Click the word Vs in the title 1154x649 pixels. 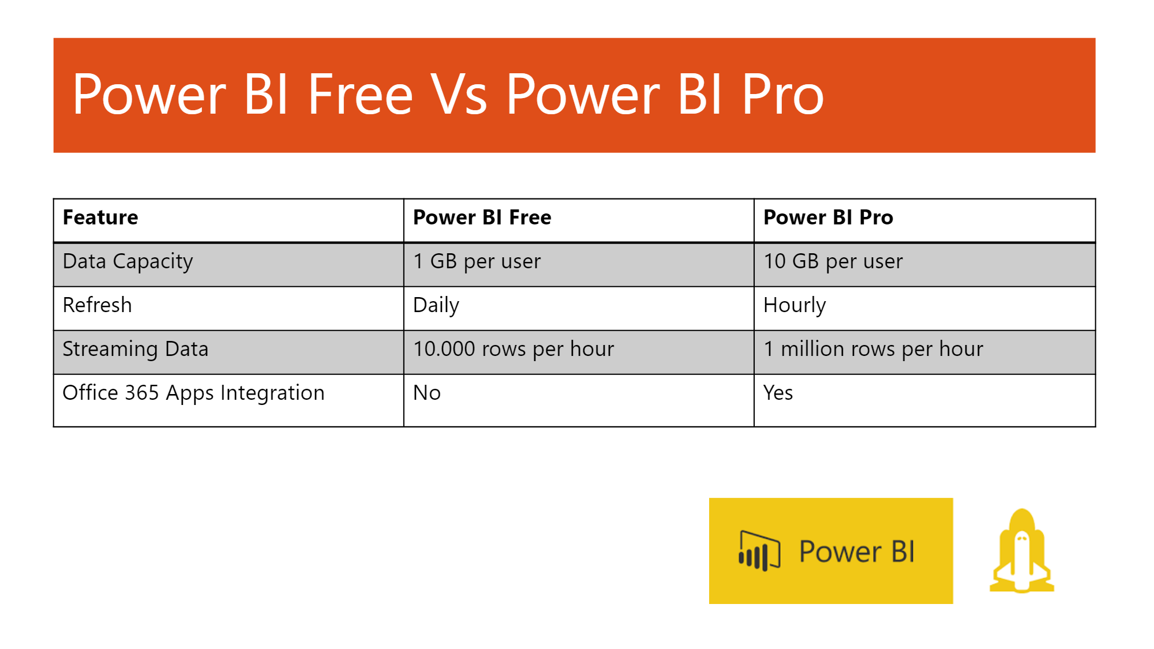coord(460,95)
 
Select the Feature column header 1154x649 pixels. coord(100,217)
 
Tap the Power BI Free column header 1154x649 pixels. coord(482,217)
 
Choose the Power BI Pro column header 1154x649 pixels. coord(828,217)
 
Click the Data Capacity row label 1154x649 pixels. coord(128,262)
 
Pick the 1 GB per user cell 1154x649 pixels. coord(477,262)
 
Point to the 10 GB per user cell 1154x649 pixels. coord(833,262)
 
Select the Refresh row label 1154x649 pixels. coord(97,305)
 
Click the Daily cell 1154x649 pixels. coord(436,305)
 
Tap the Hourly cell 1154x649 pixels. coord(795,305)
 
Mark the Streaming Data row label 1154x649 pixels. coord(135,349)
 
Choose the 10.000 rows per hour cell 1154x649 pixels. coord(514,349)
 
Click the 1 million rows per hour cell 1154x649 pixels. coord(873,349)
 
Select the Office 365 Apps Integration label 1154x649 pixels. coord(193,393)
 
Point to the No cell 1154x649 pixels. coord(427,393)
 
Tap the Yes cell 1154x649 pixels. coord(778,393)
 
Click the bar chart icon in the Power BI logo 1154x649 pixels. coord(759,551)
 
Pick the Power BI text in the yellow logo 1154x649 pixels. coord(857,552)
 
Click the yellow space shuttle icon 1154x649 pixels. coord(1022,552)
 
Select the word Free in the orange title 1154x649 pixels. coord(360,95)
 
